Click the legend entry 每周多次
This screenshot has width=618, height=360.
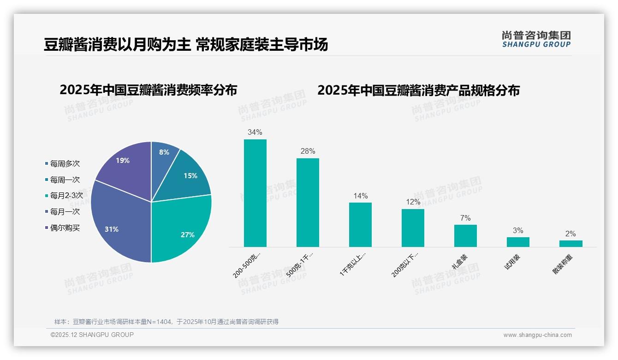(x=65, y=164)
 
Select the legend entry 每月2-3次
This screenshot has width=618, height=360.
(x=66, y=196)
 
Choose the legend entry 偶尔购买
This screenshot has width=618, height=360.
(x=65, y=228)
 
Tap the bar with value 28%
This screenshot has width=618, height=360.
(x=308, y=203)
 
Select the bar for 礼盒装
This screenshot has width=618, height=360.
(x=465, y=236)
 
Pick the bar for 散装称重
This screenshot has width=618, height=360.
(x=570, y=244)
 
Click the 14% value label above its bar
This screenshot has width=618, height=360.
(x=360, y=196)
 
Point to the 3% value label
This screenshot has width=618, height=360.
(x=518, y=231)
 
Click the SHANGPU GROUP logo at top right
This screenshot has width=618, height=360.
(x=536, y=39)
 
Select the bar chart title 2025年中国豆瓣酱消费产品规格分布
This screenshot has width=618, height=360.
(x=418, y=90)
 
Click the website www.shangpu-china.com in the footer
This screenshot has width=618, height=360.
(x=537, y=335)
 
